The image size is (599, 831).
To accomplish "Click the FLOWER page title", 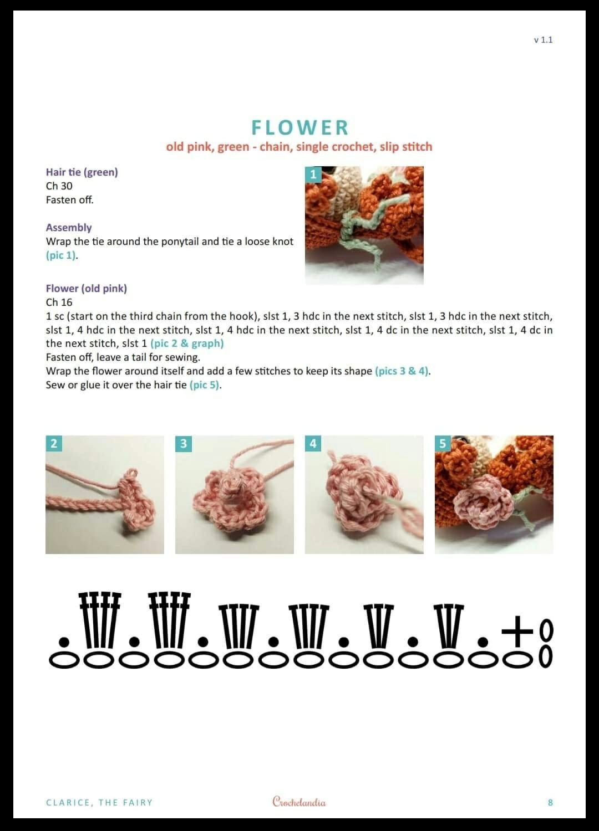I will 299,127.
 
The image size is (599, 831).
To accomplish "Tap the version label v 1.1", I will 543,40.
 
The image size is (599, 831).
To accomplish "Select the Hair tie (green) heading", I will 82,172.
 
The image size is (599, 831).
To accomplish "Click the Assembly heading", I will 69,228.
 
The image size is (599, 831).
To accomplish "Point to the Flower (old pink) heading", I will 86,289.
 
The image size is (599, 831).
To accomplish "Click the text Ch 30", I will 59,186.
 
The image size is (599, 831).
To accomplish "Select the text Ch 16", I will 59,302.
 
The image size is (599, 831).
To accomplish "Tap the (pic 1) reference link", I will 61,255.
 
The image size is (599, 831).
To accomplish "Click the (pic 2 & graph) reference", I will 187,343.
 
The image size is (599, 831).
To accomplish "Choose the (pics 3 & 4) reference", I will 402,371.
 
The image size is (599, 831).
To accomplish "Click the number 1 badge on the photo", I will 313,175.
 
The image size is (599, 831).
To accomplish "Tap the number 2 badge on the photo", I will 54,443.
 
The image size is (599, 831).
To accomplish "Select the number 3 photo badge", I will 184,443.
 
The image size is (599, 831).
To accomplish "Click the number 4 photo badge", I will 313,443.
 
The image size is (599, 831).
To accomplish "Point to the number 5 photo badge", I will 443,443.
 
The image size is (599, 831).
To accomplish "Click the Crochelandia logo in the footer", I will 299,802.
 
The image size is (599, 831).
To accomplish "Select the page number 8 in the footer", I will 550,803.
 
